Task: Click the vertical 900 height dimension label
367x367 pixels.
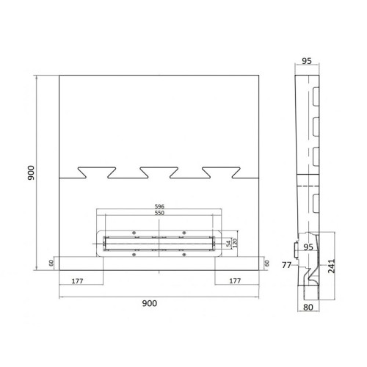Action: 31,172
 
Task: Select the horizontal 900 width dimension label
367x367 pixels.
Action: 150,303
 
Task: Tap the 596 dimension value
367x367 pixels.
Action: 159,206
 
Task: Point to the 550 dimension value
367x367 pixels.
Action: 159,213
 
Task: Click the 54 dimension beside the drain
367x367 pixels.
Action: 228,244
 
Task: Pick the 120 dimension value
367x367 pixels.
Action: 235,243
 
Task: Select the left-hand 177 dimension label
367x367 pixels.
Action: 77,281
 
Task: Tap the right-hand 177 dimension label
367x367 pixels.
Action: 235,281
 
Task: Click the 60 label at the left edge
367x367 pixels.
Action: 51,264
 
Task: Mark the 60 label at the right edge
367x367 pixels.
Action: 267,264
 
